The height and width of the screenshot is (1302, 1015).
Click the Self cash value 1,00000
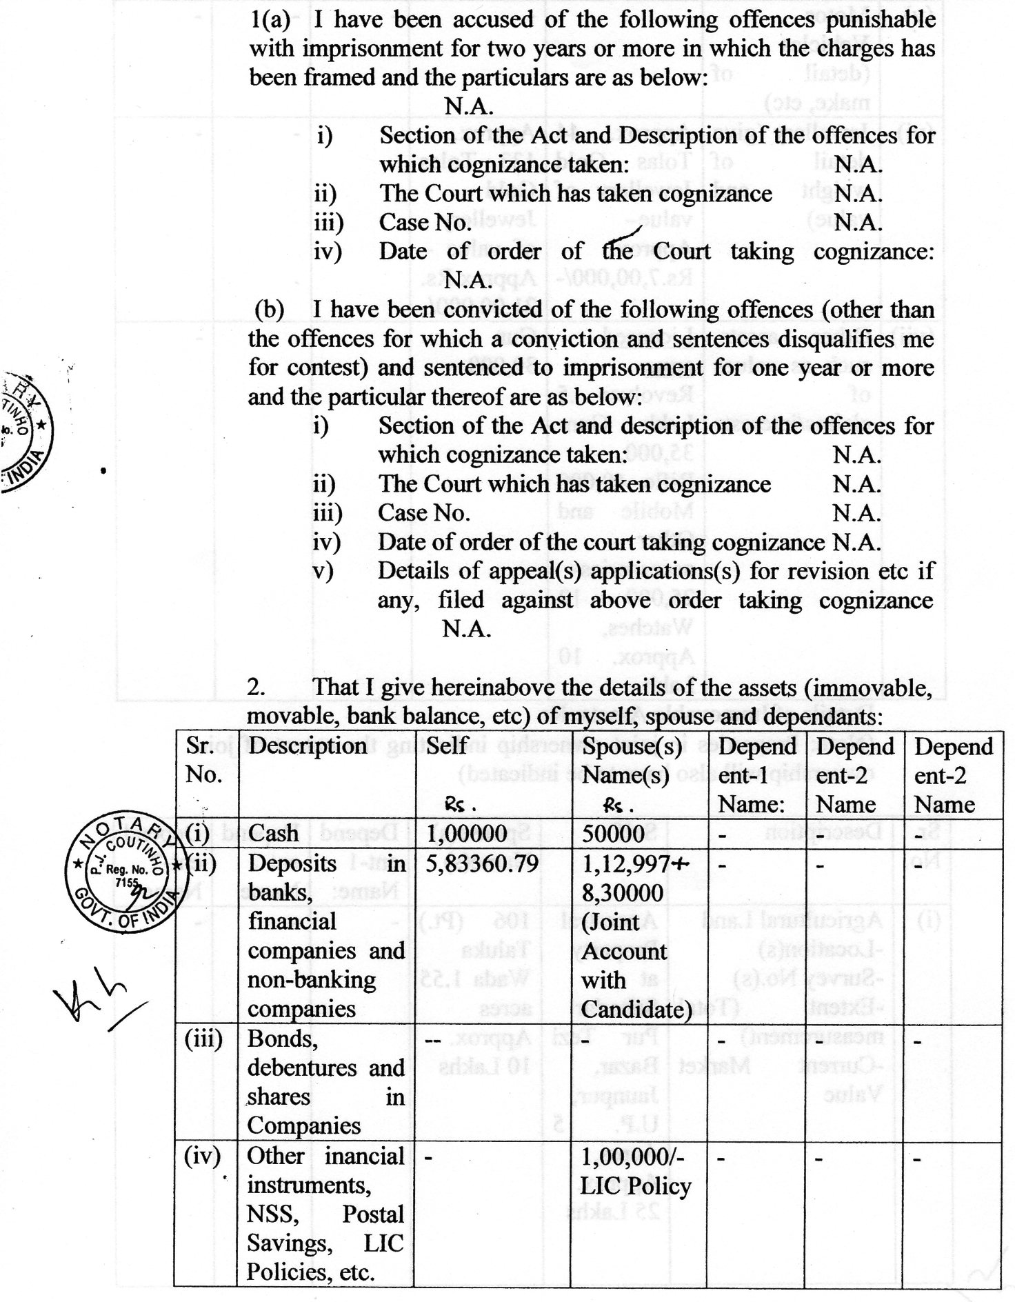tap(467, 834)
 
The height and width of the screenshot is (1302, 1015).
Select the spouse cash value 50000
tap(613, 834)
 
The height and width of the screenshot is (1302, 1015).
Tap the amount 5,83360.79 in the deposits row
tap(481, 863)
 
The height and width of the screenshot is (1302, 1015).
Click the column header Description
tap(308, 746)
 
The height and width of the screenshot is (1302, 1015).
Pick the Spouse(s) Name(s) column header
tap(632, 761)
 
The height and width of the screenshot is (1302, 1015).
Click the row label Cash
tap(273, 834)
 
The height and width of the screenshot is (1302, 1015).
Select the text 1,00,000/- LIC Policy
tap(636, 1171)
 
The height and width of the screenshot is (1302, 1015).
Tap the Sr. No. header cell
tap(204, 760)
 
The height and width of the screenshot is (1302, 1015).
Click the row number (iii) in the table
tap(203, 1039)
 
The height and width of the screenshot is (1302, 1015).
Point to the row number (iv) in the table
tap(203, 1156)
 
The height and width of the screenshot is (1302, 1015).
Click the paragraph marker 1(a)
tap(270, 20)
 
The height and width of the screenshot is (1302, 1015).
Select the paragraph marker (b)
tap(270, 310)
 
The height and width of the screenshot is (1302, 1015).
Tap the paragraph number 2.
tap(256, 688)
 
